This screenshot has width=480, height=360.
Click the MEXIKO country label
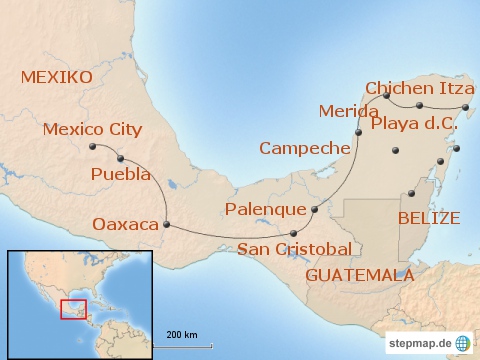[x=56, y=77]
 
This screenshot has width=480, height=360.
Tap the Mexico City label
[x=92, y=128]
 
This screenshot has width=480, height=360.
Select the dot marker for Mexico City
[x=93, y=147]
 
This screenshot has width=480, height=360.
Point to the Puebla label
[x=120, y=174]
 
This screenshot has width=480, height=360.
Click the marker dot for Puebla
[x=121, y=158]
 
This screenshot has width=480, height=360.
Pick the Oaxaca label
[x=125, y=224]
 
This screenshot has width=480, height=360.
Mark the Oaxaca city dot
[x=166, y=224]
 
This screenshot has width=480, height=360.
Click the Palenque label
[x=265, y=209]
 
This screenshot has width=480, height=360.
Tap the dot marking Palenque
[x=315, y=210]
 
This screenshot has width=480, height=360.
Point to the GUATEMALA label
[x=359, y=273]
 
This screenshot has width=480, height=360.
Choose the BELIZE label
[x=428, y=217]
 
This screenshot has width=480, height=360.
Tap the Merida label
[x=348, y=111]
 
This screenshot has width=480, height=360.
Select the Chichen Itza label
[x=419, y=89]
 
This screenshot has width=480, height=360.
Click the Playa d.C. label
[x=414, y=125]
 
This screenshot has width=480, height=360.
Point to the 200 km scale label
[x=181, y=333]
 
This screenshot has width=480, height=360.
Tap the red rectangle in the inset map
[x=73, y=308]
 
